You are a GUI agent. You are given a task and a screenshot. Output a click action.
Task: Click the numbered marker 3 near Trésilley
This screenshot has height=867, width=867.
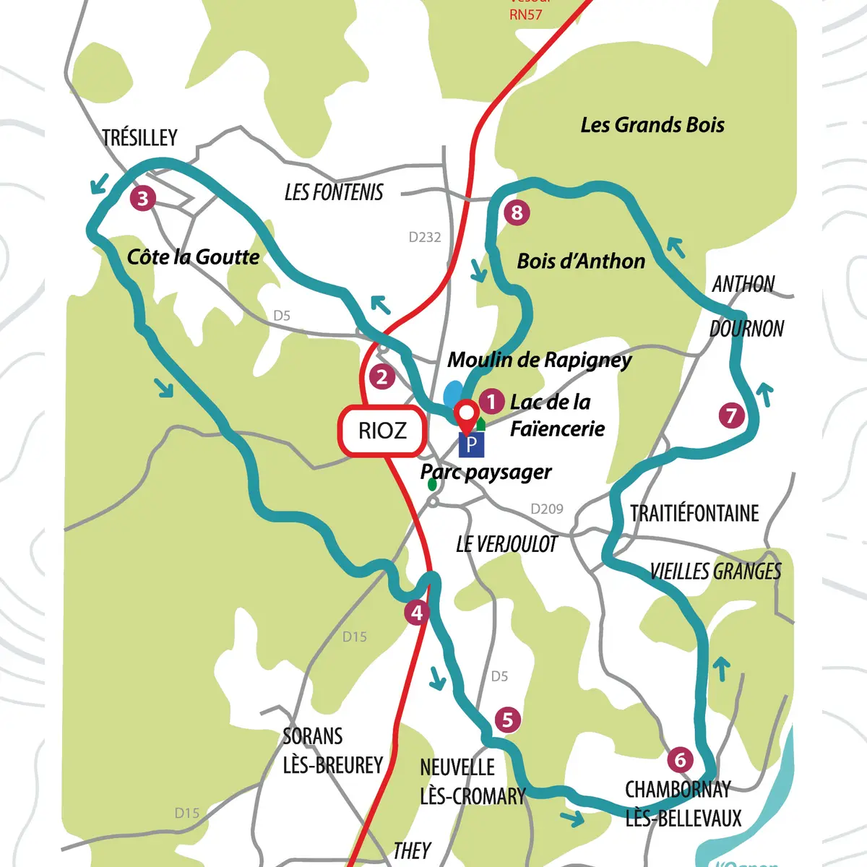pos(143,198)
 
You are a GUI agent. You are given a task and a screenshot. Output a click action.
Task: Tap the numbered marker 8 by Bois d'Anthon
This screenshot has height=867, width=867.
pos(517,212)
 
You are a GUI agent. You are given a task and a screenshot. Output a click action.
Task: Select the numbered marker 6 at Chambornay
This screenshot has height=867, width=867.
pos(680,759)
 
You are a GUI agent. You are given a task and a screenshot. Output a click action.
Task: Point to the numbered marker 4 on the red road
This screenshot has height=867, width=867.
pos(417,613)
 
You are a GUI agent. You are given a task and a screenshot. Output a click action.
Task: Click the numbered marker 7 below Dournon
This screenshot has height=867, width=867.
pos(732,415)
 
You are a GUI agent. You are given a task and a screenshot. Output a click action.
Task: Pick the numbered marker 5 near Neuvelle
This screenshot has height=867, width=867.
pos(508,720)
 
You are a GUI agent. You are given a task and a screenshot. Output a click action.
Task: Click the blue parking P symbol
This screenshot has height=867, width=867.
pos(471,444)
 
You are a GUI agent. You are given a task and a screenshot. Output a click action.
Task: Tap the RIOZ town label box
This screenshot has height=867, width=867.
pos(382,431)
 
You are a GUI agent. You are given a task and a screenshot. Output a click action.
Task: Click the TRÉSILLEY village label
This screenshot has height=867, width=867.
pos(139,137)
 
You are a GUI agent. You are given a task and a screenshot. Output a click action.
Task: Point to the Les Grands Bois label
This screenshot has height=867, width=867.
pos(652,125)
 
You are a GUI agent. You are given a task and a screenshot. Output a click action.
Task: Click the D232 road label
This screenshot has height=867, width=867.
pos(425,237)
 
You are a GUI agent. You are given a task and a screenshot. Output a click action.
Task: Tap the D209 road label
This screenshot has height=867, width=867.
pos(547,509)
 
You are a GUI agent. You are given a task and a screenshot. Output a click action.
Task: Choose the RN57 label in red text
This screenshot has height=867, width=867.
pos(526,14)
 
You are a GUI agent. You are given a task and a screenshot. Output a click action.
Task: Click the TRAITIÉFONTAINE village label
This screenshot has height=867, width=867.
pos(694,514)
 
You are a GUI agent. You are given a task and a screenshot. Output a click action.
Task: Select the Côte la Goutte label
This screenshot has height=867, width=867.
pos(193,257)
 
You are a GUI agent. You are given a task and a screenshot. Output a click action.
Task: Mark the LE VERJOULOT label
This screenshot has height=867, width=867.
pos(506,544)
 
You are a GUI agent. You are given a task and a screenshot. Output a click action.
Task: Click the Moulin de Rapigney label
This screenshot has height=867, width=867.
pos(540,359)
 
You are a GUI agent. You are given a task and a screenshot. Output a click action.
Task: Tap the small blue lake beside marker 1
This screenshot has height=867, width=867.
pos(452,394)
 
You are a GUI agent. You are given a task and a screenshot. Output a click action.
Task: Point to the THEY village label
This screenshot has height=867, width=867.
pos(412,851)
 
